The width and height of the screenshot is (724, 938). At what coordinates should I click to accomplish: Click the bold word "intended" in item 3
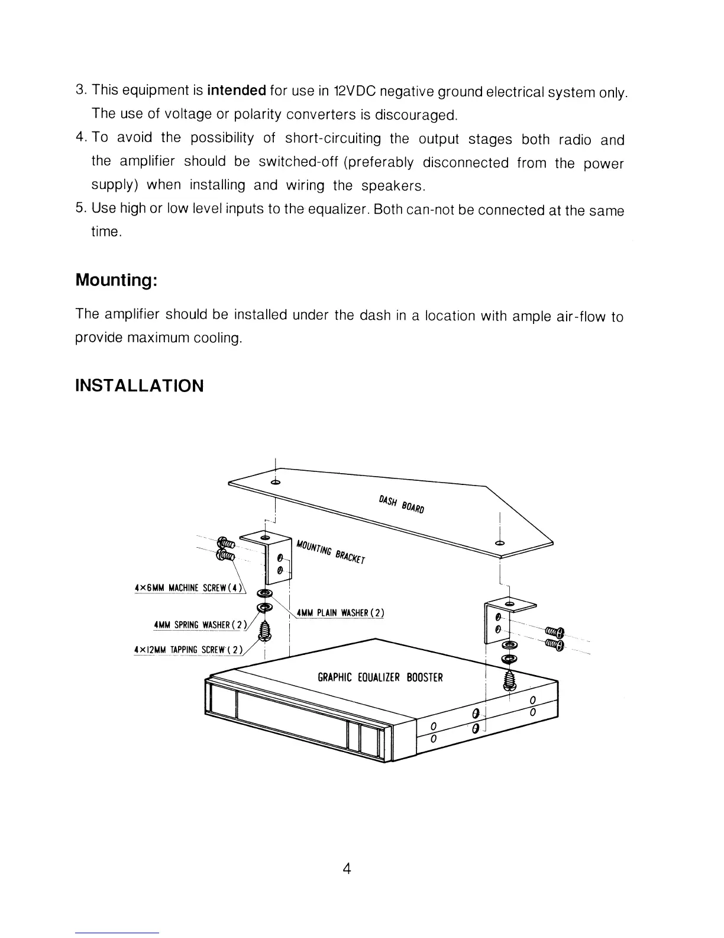tap(236, 91)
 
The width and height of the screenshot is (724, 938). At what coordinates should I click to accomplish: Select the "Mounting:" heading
tap(116, 280)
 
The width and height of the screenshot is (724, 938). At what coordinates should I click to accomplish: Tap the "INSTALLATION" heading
tap(140, 386)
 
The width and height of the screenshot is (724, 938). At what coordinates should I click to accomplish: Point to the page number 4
tap(347, 869)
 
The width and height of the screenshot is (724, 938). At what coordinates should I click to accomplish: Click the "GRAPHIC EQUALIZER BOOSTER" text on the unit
tap(380, 677)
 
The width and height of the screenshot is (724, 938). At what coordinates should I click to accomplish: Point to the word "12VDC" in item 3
tap(354, 91)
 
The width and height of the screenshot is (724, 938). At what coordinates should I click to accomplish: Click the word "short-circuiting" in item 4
tap(333, 139)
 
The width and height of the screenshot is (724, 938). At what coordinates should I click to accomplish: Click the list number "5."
tap(82, 208)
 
